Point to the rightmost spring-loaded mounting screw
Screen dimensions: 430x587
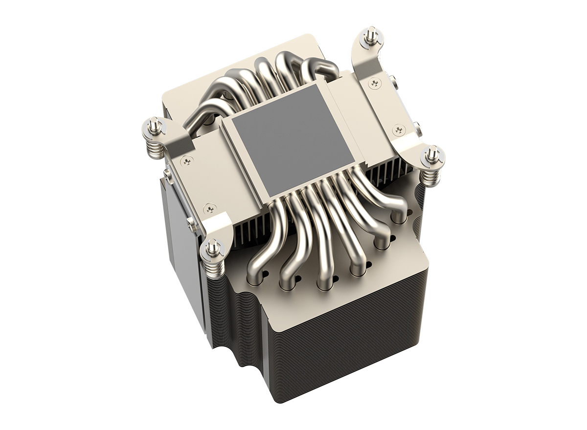[x=433, y=155]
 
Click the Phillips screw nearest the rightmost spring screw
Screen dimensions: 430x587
[x=398, y=129]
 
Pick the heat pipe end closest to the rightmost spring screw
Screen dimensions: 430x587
[x=400, y=215]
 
